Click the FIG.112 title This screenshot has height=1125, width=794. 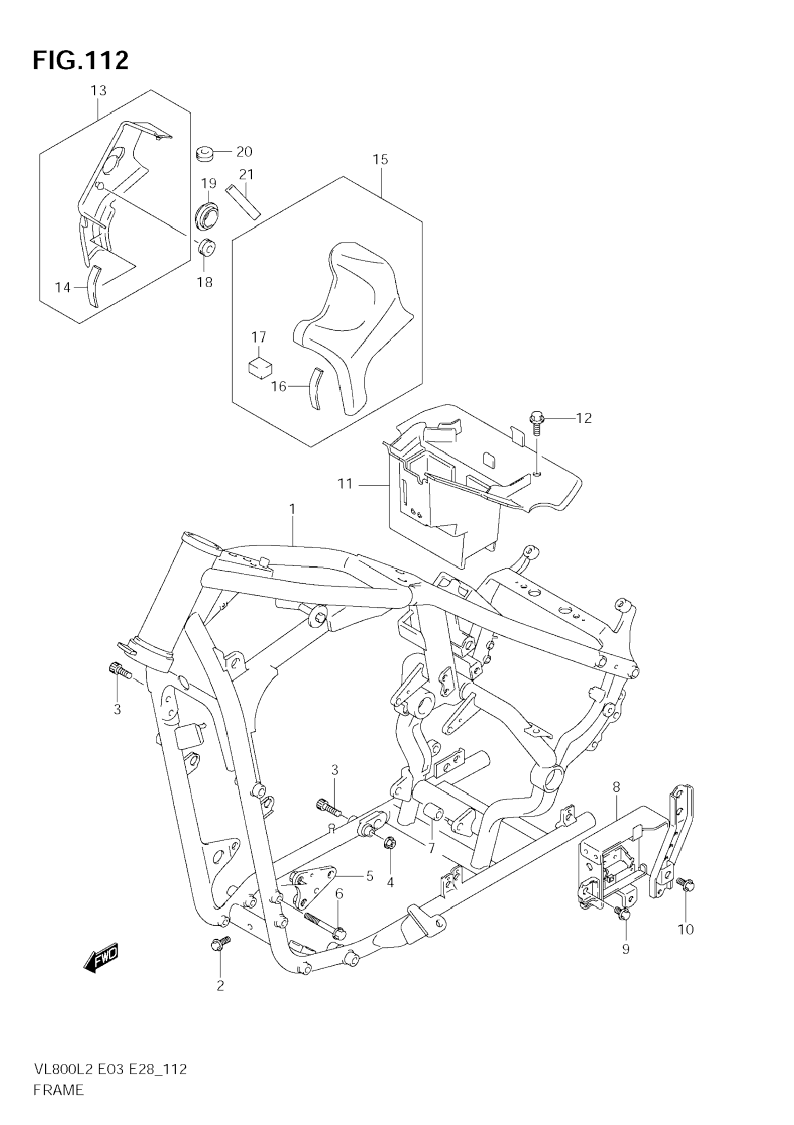point(81,61)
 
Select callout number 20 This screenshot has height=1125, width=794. point(244,152)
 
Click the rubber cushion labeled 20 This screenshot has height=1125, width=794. point(206,154)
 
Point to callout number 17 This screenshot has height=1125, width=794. point(259,337)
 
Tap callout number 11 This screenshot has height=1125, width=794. point(345,484)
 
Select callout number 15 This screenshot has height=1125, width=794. point(380,159)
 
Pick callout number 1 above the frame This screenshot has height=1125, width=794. point(292,509)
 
